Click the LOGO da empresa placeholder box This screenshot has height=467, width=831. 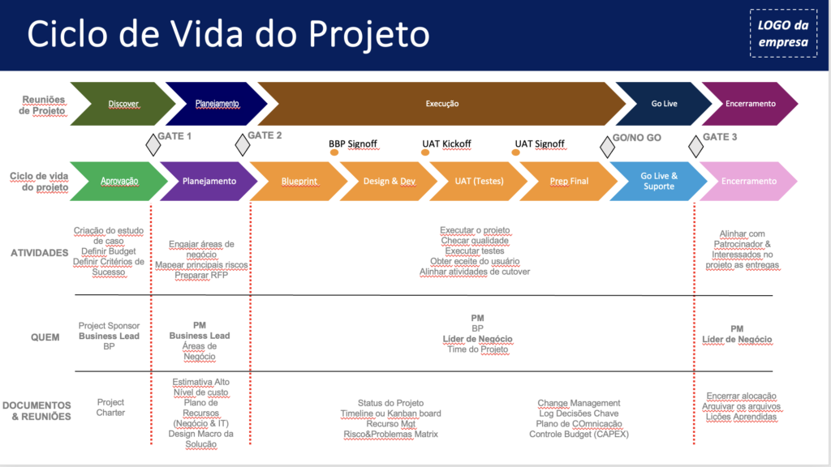point(783,33)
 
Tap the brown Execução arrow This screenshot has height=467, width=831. point(442,104)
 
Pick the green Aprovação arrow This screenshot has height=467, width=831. point(119,181)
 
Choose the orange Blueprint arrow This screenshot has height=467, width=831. point(299,181)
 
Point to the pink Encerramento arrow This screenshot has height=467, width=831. point(748,181)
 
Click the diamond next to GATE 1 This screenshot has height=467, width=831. point(153,145)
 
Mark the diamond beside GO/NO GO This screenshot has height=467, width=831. point(607,146)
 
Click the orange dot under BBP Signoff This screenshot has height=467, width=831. point(334,152)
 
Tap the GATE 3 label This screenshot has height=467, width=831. point(720,137)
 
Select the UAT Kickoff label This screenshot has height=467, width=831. point(446,144)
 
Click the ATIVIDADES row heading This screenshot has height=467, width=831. point(39,253)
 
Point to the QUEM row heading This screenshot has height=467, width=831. point(45,336)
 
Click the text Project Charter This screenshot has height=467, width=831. point(110,407)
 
